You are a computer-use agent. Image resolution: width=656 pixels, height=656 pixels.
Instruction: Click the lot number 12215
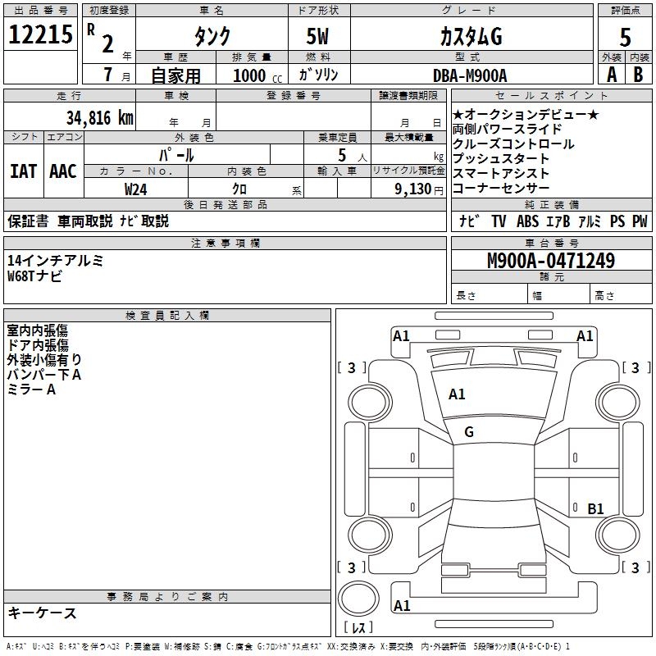41,35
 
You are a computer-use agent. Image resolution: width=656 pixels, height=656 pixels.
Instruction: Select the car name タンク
212,36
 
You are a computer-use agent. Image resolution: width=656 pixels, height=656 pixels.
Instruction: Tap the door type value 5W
318,36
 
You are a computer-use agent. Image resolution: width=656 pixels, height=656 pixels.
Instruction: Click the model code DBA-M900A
470,75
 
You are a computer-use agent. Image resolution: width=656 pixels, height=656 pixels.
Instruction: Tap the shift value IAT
23,171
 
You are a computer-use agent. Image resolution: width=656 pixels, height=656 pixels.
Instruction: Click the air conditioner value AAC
63,171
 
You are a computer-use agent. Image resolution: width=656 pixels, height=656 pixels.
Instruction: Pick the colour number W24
136,189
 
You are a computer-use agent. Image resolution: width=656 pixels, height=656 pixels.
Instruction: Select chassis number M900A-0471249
551,262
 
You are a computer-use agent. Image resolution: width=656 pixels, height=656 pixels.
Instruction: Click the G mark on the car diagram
469,431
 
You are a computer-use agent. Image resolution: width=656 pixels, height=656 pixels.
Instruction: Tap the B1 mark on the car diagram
595,508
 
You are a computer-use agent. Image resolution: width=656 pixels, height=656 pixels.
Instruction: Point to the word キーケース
42,613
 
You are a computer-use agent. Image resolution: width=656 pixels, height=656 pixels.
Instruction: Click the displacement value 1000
248,75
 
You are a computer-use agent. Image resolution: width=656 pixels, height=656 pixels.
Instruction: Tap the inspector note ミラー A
31,389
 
